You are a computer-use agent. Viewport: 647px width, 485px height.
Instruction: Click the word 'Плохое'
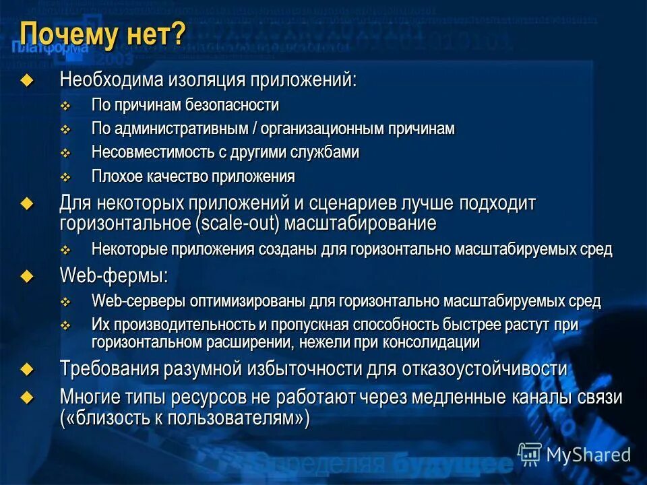pos(115,176)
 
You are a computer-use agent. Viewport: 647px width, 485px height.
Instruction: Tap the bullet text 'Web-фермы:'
pos(113,276)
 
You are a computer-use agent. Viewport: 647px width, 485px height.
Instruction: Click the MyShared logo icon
pos(530,453)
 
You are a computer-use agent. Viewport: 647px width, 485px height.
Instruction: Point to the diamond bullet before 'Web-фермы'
pos(26,275)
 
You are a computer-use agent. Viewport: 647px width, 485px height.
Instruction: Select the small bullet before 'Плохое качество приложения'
pos(65,176)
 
